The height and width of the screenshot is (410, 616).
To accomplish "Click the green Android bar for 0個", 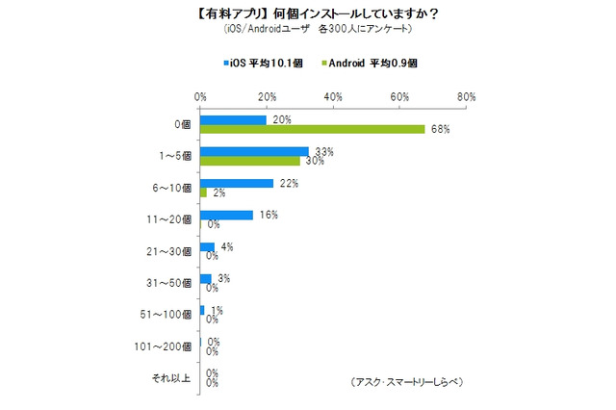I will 312,130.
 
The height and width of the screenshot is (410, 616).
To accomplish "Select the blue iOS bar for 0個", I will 233,120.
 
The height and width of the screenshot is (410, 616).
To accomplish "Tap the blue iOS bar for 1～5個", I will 254,152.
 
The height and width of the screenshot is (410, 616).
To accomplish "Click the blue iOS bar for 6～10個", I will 236,184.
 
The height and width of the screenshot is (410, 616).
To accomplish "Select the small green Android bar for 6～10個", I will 203,193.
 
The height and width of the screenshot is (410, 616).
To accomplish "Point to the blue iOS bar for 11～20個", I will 226,216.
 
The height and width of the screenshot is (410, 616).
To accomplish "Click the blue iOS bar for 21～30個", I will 207,247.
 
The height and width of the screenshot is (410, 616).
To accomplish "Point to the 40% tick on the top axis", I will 333,97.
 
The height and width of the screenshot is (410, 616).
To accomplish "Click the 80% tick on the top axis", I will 466,97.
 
